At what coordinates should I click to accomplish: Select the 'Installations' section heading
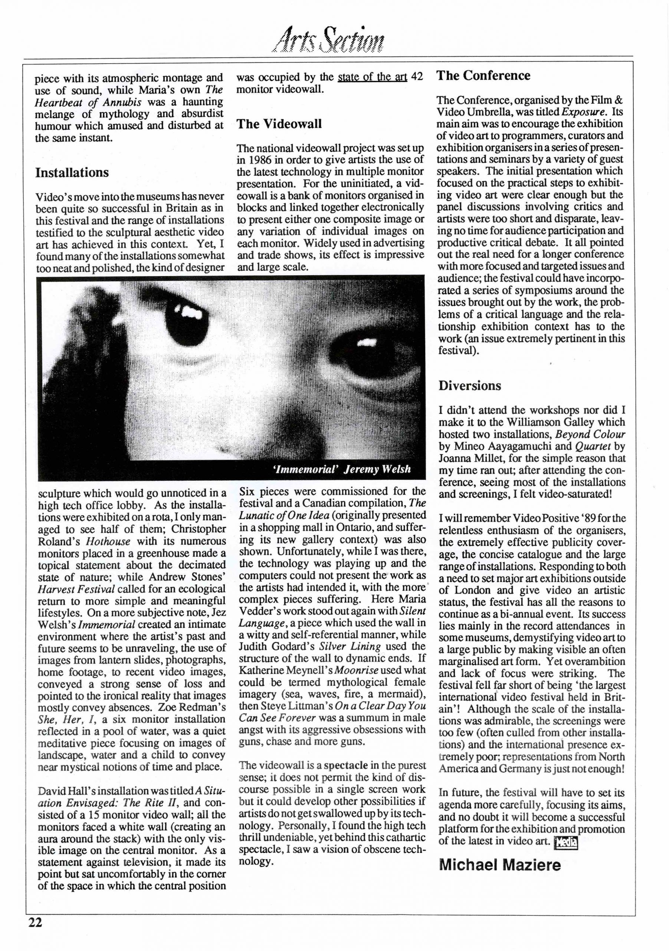pyautogui.click(x=72, y=172)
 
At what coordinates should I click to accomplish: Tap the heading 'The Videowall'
pyautogui.click(x=279, y=124)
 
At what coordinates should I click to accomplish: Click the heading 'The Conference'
pyautogui.click(x=483, y=76)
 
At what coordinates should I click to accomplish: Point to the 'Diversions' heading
pyautogui.click(x=470, y=386)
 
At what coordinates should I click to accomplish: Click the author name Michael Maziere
pyautogui.click(x=500, y=865)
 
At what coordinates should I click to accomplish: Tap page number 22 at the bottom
pyautogui.click(x=35, y=934)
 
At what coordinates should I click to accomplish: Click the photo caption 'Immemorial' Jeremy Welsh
pyautogui.click(x=342, y=469)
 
